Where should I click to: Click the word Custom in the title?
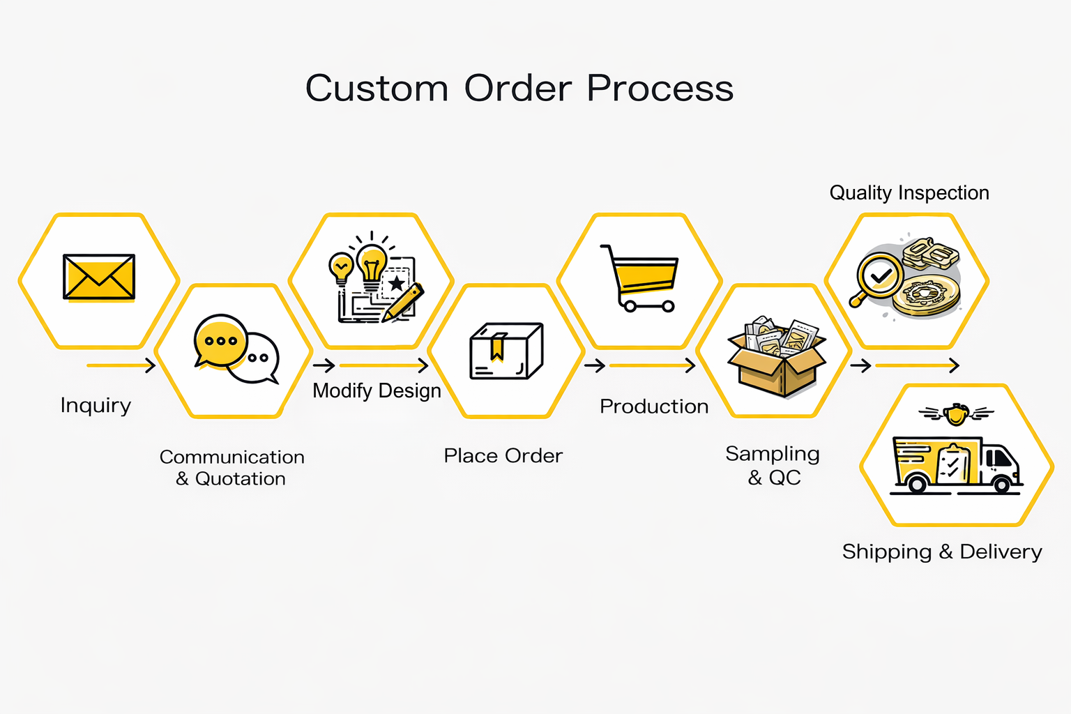pyautogui.click(x=377, y=88)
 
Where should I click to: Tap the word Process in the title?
pyautogui.click(x=660, y=88)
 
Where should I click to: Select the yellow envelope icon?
pyautogui.click(x=99, y=277)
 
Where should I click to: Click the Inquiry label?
pyautogui.click(x=96, y=406)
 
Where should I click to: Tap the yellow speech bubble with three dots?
pyautogui.click(x=220, y=340)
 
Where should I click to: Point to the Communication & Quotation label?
pyautogui.click(x=232, y=468)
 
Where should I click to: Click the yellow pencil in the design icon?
pyautogui.click(x=403, y=302)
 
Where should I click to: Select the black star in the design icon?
pyautogui.click(x=396, y=283)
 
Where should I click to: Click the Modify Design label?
pyautogui.click(x=377, y=390)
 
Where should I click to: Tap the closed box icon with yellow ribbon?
pyautogui.click(x=506, y=351)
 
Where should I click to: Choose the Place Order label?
pyautogui.click(x=503, y=456)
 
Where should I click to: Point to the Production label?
pyautogui.click(x=654, y=407)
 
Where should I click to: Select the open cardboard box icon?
pyautogui.click(x=777, y=356)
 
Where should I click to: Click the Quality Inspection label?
pyautogui.click(x=909, y=192)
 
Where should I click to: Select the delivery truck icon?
pyautogui.click(x=955, y=464)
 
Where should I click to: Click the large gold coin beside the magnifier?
pyautogui.click(x=927, y=296)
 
